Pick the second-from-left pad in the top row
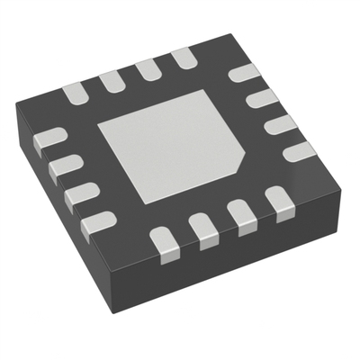tap(112, 82)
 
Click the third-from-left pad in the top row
tap(149, 71)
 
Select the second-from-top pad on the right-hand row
tap(262, 97)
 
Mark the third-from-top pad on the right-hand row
tap(281, 123)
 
